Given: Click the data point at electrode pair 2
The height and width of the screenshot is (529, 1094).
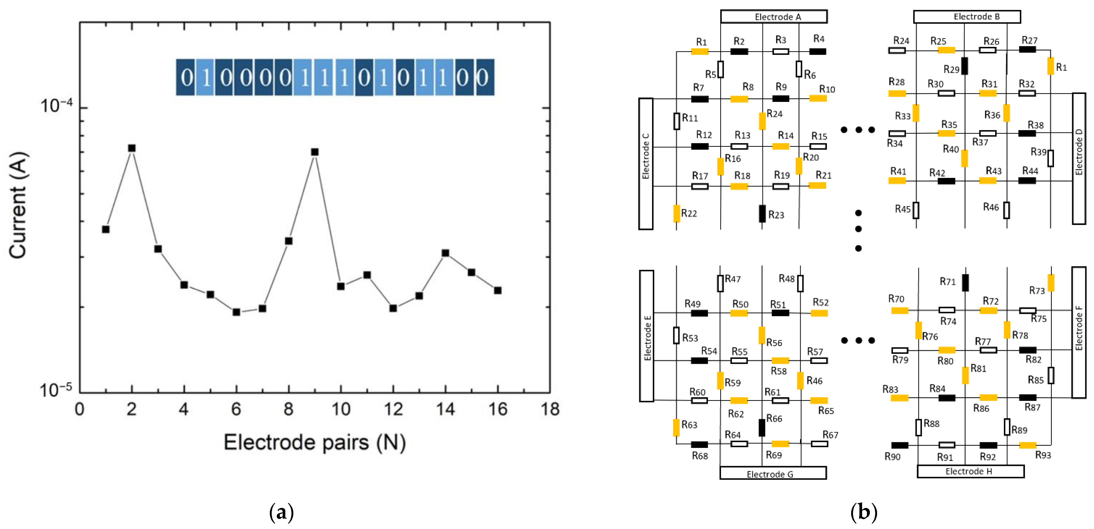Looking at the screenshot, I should pyautogui.click(x=132, y=148).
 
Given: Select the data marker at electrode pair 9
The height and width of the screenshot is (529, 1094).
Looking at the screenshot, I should pyautogui.click(x=315, y=152).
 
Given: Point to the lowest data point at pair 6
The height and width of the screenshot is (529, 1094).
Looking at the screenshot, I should pyautogui.click(x=236, y=312).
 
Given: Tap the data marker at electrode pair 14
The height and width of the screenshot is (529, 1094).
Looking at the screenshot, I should pyautogui.click(x=446, y=253).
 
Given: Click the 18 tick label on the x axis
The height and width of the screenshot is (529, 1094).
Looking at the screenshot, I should pyautogui.click(x=550, y=409).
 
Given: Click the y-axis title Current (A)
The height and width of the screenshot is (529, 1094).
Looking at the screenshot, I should pyautogui.click(x=18, y=205).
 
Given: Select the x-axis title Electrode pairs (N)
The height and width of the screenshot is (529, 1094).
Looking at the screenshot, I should pyautogui.click(x=315, y=443).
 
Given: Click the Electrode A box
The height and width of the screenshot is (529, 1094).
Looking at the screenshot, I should pyautogui.click(x=774, y=17).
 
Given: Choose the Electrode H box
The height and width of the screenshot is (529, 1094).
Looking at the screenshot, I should pyautogui.click(x=970, y=471).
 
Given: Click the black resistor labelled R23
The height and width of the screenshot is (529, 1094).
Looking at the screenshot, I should pyautogui.click(x=762, y=214).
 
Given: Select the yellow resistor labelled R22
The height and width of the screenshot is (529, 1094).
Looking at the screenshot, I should pyautogui.click(x=676, y=213).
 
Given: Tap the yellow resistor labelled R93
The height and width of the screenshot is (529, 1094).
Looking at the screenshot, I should pyautogui.click(x=1028, y=445).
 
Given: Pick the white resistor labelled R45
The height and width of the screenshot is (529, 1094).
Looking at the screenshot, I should pyautogui.click(x=916, y=210).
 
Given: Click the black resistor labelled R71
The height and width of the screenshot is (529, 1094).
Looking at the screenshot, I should pyautogui.click(x=965, y=283).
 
